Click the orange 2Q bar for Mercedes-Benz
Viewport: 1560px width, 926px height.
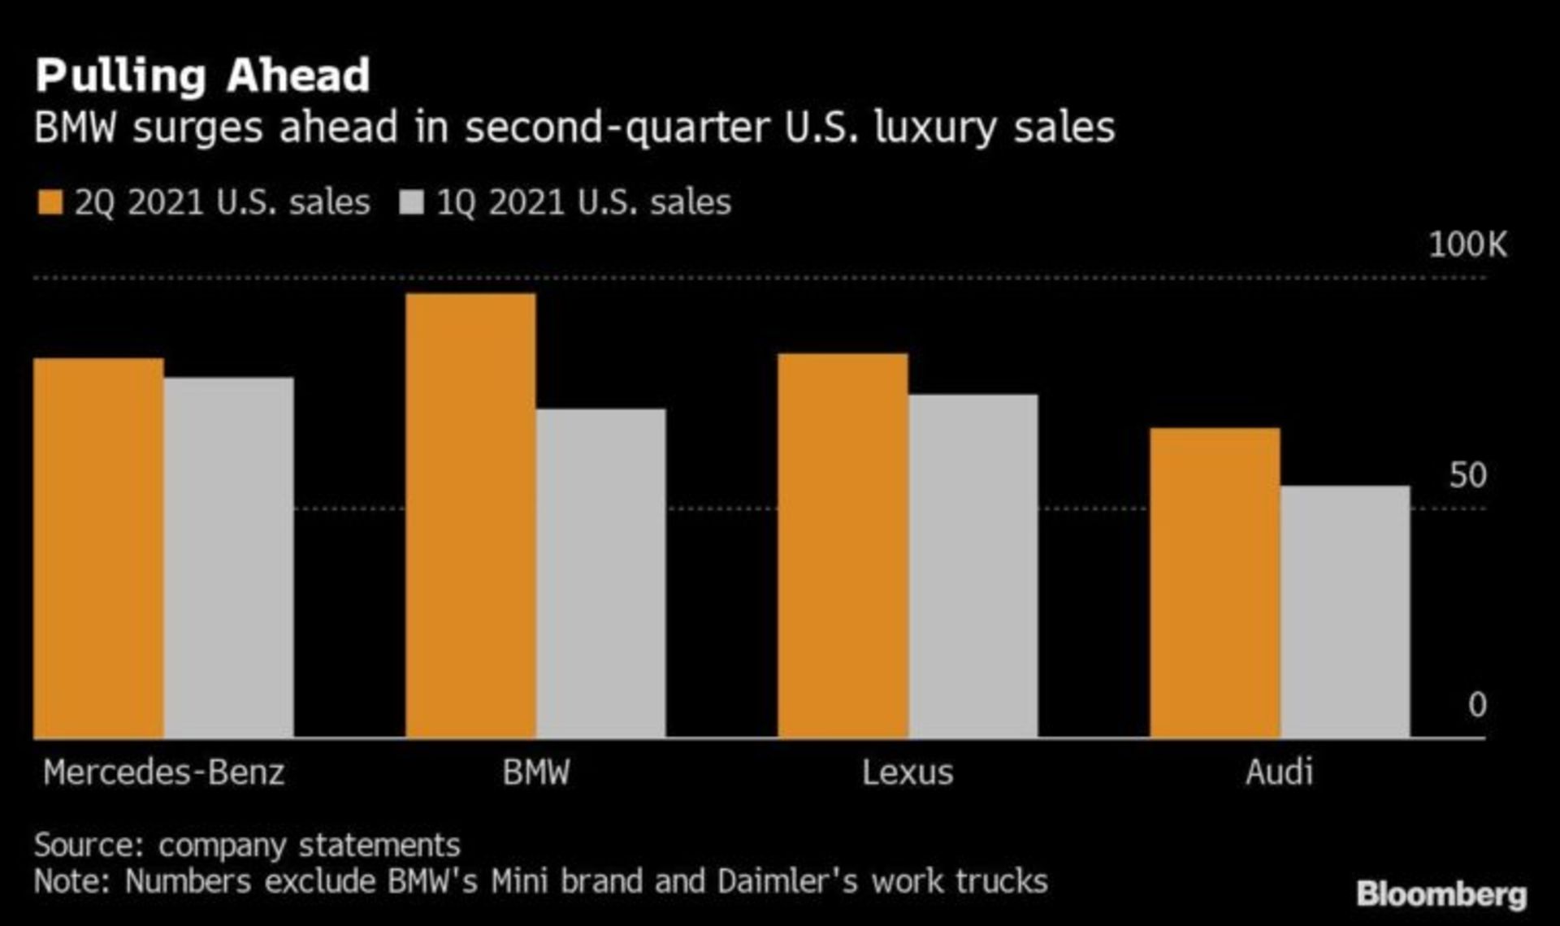98,548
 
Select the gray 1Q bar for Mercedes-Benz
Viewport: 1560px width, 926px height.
229,557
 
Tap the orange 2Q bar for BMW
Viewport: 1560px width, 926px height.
470,516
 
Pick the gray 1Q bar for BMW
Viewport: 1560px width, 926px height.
601,573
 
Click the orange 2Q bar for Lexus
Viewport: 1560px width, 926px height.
843,546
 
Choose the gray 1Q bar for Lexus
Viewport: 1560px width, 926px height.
973,566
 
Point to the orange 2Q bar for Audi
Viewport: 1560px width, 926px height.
1215,582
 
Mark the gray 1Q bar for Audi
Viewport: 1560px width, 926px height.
1345,612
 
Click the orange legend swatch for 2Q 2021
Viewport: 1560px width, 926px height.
50,202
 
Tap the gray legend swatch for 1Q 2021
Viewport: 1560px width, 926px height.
412,202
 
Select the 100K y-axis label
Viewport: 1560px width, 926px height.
1467,244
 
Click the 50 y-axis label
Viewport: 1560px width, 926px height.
1467,476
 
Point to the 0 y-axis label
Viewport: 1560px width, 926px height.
1477,705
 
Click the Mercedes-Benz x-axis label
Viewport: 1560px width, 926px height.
164,772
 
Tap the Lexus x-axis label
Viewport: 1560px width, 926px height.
908,772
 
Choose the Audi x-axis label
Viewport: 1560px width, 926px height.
1279,772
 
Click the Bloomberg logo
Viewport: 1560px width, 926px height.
1441,894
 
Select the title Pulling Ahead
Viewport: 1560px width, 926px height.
202,76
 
